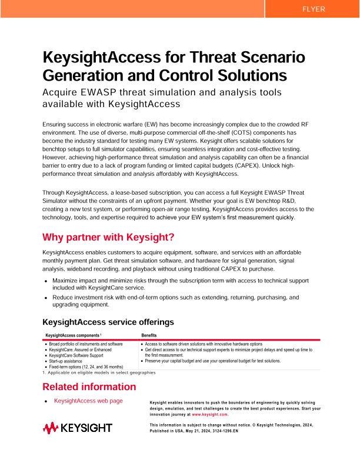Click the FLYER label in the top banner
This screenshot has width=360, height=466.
click(312, 9)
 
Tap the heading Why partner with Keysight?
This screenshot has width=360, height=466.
click(108, 237)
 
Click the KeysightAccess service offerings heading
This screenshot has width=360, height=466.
click(108, 322)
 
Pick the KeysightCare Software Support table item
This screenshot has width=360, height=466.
click(76, 355)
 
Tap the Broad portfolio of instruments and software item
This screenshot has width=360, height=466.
click(86, 344)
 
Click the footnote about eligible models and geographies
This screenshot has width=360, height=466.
click(99, 372)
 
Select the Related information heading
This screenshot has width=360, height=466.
click(89, 387)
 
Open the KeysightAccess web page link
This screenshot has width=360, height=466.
click(88, 401)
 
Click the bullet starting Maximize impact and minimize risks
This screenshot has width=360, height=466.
click(176, 285)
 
